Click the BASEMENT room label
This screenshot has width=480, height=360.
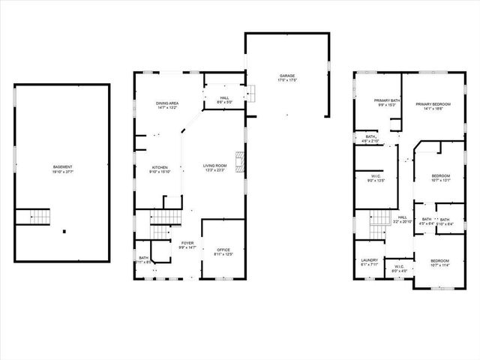(62, 166)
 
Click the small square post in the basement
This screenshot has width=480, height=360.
(64, 231)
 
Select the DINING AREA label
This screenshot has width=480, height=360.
(167, 103)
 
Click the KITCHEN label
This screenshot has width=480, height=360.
(160, 167)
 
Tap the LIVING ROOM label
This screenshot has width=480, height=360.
(214, 166)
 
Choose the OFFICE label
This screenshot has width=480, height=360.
(223, 250)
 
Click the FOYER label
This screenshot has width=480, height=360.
(187, 243)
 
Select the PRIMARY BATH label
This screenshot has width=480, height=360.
(388, 100)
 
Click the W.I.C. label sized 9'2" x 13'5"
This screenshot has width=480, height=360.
(376, 177)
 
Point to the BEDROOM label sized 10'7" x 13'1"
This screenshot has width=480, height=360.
(440, 175)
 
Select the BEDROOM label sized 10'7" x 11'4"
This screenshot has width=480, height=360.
(440, 260)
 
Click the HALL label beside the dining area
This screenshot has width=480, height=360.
(224, 97)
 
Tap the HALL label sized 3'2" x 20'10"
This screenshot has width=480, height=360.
(401, 217)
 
